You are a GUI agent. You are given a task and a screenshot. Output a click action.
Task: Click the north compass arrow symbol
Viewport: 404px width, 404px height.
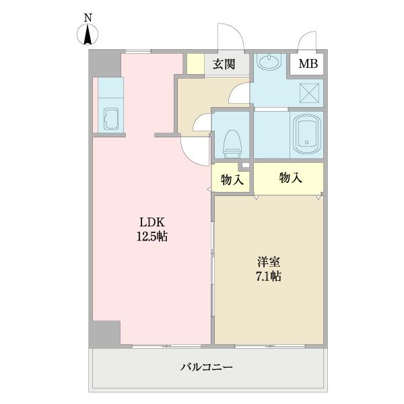click(88, 35)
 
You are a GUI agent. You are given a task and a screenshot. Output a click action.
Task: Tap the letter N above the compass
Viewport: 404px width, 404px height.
click(88, 18)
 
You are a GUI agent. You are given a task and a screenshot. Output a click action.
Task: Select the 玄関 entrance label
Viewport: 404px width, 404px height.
click(224, 65)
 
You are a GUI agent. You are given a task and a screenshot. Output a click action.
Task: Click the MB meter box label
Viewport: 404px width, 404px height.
click(308, 65)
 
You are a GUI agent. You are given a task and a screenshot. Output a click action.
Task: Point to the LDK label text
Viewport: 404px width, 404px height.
click(152, 223)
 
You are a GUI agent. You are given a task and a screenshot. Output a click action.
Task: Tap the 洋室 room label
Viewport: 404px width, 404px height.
click(267, 261)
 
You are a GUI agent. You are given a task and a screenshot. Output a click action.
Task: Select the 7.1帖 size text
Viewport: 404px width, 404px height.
click(267, 275)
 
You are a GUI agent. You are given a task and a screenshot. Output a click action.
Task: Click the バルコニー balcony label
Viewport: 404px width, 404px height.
click(206, 368)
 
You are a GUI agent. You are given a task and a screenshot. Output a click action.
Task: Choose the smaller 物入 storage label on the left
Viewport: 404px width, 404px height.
click(232, 180)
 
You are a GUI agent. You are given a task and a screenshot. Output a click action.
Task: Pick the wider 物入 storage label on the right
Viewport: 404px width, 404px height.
click(290, 178)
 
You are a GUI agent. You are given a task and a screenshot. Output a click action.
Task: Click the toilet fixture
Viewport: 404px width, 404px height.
click(232, 141)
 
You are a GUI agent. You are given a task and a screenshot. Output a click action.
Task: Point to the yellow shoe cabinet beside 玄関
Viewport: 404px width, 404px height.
click(195, 63)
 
